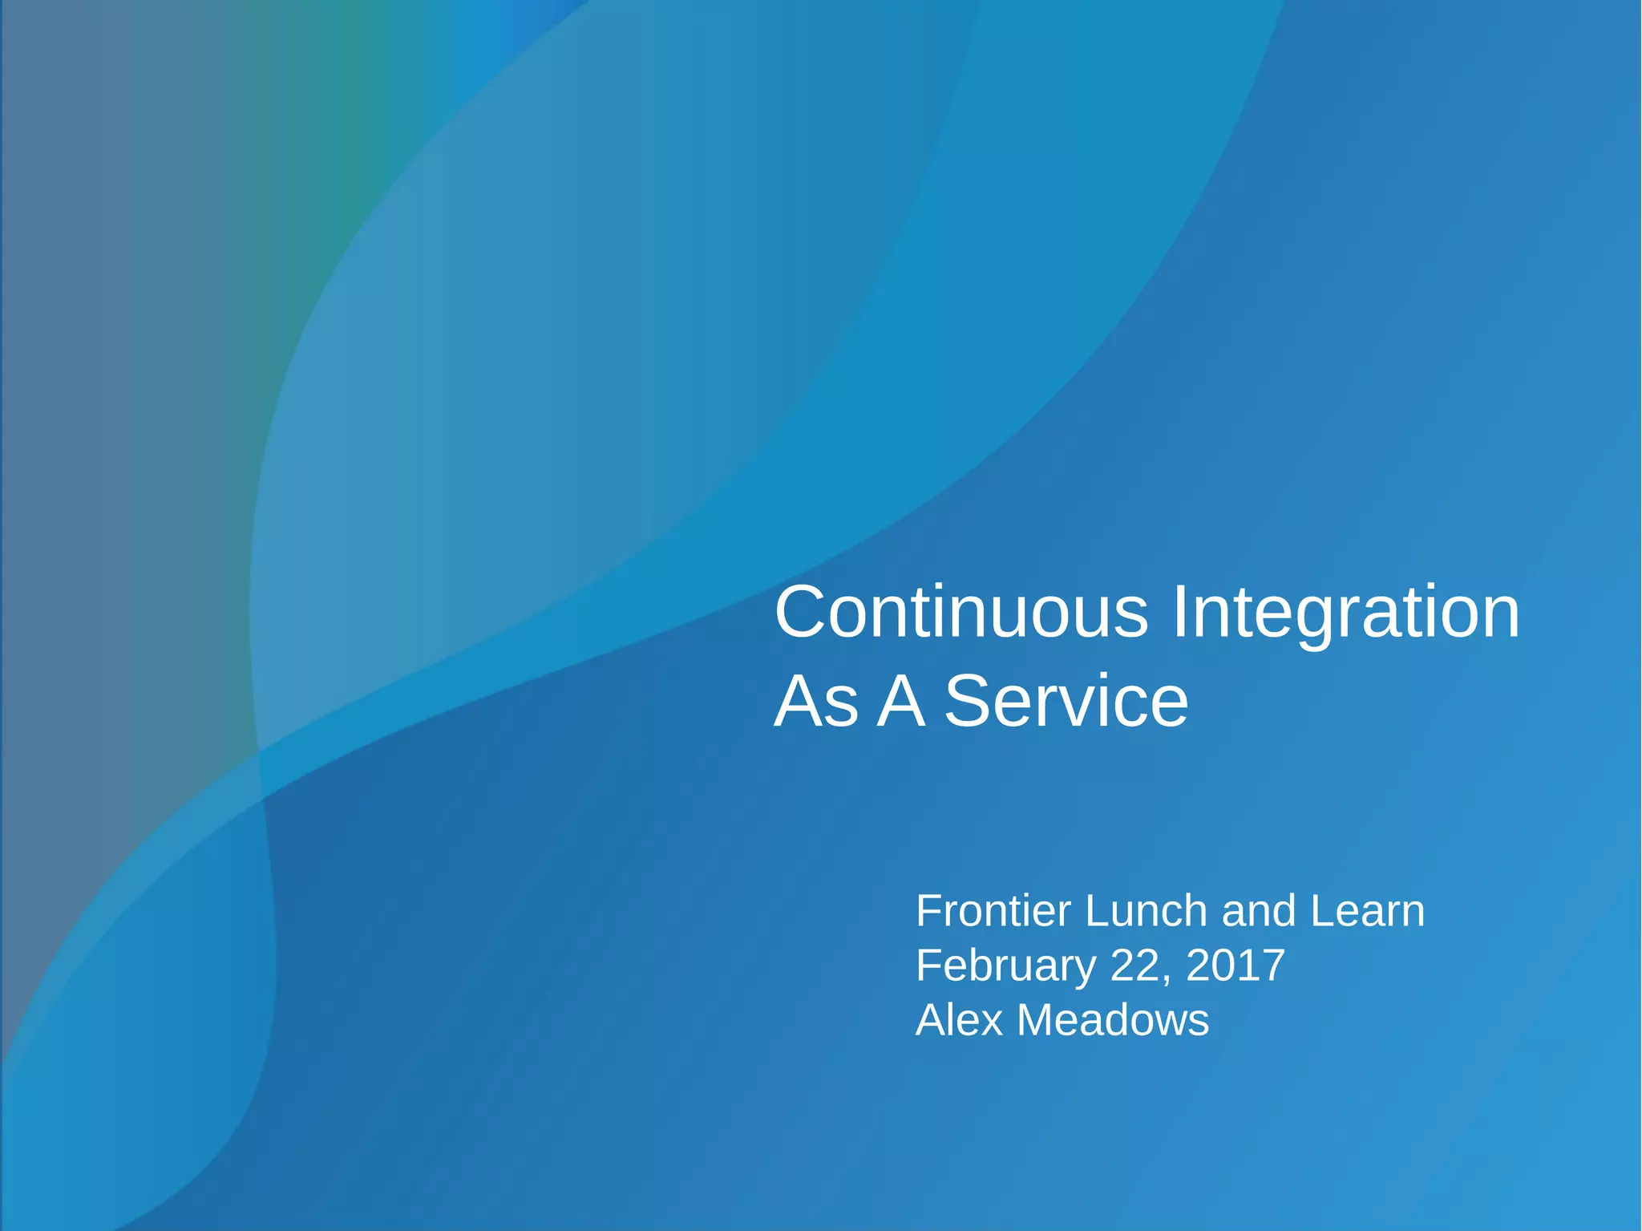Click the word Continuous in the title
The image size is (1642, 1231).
pyautogui.click(x=961, y=613)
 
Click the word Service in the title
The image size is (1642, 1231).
pyautogui.click(x=1066, y=702)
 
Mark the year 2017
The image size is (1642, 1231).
pyautogui.click(x=1236, y=966)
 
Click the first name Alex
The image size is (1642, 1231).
pyautogui.click(x=960, y=1020)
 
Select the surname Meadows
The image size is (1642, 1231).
pyautogui.click(x=1113, y=1020)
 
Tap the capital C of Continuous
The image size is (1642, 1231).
pyautogui.click(x=803, y=613)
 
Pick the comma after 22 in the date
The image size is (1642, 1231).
pyautogui.click(x=1165, y=979)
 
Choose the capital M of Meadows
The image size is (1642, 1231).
pyautogui.click(x=1037, y=1020)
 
